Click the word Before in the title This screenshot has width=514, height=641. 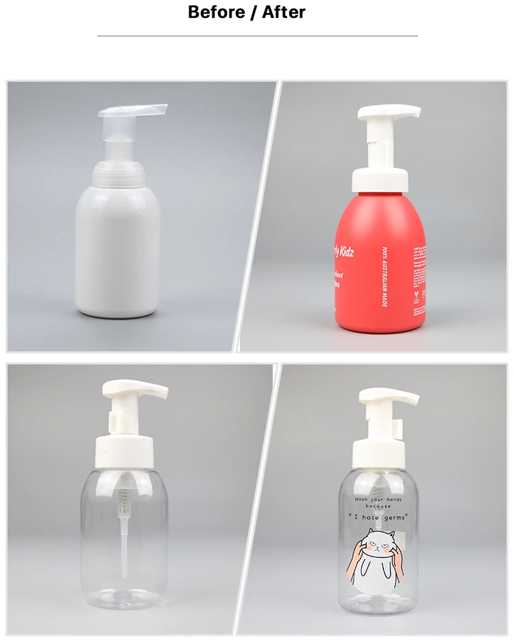click(217, 12)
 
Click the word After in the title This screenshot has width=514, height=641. click(284, 12)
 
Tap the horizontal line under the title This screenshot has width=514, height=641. click(257, 36)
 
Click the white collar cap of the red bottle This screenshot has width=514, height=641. click(380, 180)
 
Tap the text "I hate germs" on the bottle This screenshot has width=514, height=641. click(378, 515)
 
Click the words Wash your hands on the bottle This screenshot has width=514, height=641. click(380, 499)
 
